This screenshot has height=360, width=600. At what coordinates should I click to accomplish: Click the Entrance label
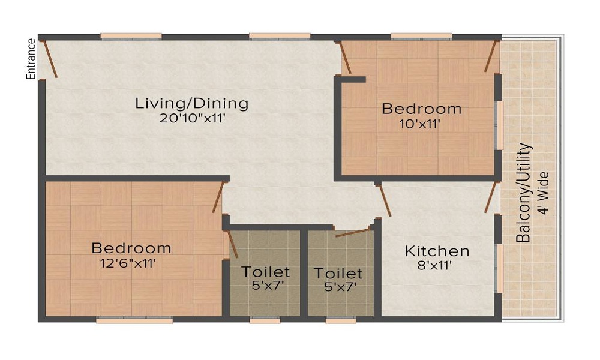tap(31, 59)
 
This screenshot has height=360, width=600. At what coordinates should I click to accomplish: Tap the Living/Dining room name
tap(192, 104)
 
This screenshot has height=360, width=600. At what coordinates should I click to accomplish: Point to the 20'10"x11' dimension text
tap(191, 118)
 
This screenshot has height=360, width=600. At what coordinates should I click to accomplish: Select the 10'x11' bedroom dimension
tap(421, 124)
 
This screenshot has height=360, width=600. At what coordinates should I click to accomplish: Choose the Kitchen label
tap(437, 251)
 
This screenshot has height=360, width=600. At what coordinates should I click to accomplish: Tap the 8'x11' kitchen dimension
tap(434, 265)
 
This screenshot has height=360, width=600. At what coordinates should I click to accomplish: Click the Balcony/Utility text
tap(524, 193)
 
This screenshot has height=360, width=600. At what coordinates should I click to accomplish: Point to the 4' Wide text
tap(544, 193)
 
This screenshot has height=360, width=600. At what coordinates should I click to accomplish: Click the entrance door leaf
tap(51, 59)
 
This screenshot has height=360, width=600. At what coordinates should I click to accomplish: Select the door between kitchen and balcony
tap(491, 197)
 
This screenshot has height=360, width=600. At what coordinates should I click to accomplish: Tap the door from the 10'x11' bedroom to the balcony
tap(491, 56)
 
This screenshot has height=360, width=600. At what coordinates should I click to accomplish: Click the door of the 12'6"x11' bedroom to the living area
tap(218, 197)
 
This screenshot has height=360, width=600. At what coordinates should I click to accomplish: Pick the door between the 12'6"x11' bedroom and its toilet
tap(233, 244)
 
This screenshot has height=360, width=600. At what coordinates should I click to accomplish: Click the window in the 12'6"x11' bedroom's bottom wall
tap(134, 320)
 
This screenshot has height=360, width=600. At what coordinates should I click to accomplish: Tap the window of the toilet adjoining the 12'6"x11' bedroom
tap(265, 320)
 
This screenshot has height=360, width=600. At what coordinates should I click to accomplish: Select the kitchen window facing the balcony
tap(499, 268)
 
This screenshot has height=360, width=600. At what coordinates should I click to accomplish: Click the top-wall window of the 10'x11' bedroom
tap(421, 37)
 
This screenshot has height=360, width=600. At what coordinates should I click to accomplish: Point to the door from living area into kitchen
tap(384, 200)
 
